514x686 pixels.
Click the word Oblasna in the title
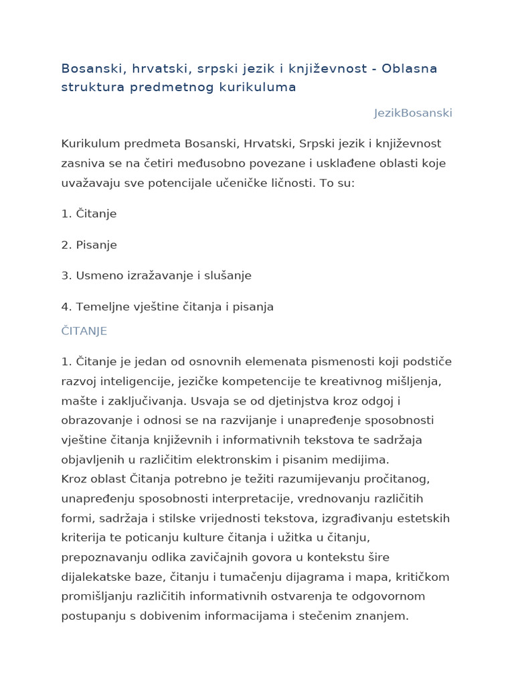click(410, 69)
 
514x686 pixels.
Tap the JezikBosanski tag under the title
click(413, 113)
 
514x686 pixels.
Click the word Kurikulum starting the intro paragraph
click(90, 144)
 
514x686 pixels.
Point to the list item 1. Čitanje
click(89, 214)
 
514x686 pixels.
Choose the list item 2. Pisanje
click(89, 245)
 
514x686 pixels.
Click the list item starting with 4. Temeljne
click(167, 307)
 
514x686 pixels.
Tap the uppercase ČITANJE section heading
click(84, 332)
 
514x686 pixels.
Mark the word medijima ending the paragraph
click(364, 460)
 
